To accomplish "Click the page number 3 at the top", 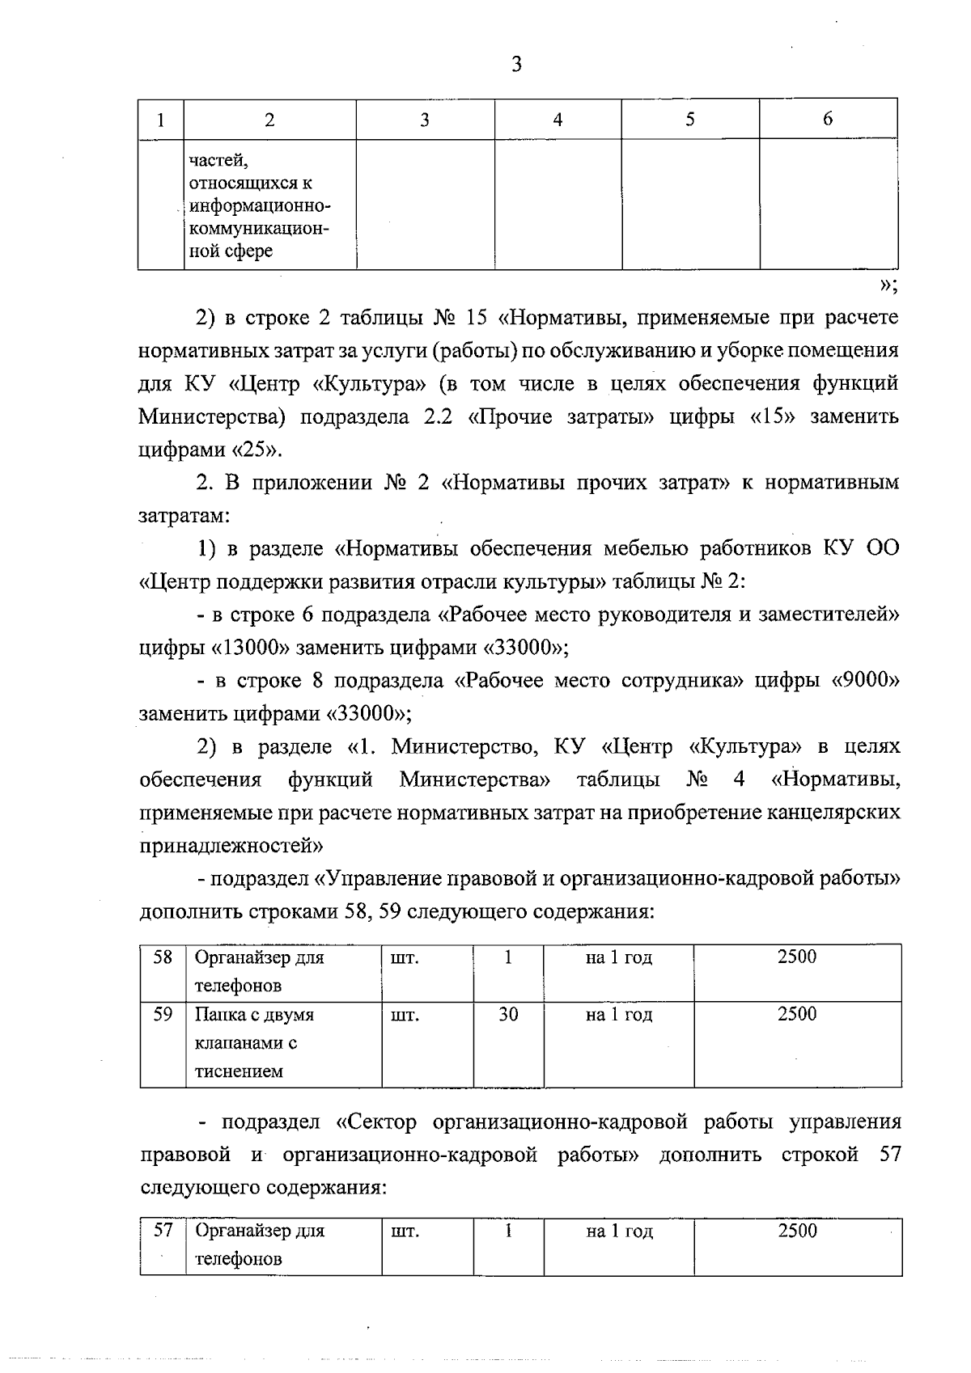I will click(516, 65).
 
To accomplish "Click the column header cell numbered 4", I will click(558, 120).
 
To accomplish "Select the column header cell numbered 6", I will click(827, 119).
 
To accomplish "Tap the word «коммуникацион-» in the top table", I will click(258, 229).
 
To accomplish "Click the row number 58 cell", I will click(163, 958).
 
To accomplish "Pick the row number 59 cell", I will click(163, 1015).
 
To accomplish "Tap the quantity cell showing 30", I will click(508, 1015).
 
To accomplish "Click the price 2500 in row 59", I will click(797, 1015).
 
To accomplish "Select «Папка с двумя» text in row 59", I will click(254, 1015).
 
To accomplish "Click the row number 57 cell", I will click(163, 1231).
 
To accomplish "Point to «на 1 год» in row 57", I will click(619, 1231).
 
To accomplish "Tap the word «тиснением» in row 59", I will click(239, 1072).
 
